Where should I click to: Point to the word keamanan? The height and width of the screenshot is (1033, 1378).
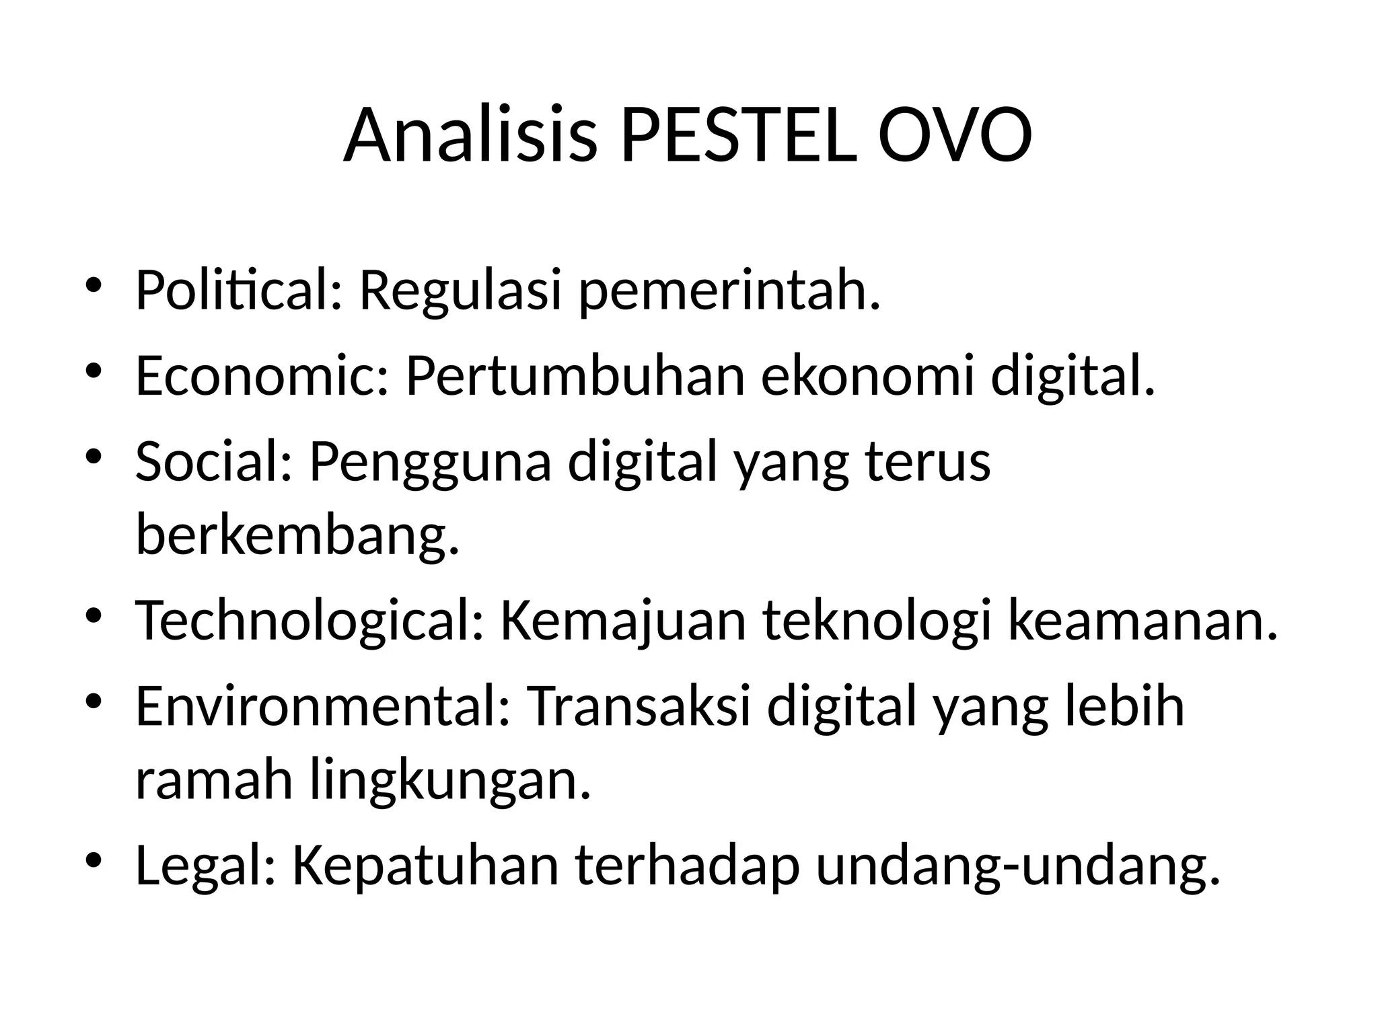point(1142,621)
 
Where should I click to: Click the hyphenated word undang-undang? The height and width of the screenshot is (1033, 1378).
point(1018,866)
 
